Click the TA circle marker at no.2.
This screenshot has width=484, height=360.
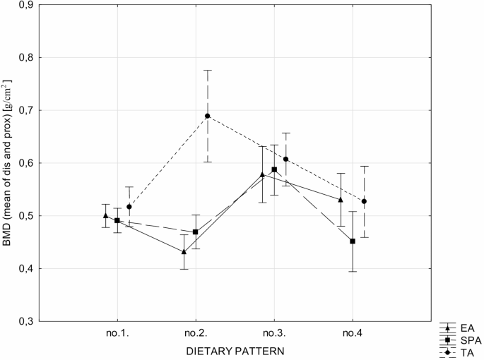point(208,116)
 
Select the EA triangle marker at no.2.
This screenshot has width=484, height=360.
point(184,251)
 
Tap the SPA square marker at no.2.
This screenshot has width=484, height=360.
point(196,232)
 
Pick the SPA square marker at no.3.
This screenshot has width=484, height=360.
point(274,170)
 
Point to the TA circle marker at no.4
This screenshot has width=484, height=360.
point(364,201)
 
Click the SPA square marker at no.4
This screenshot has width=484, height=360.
point(353,241)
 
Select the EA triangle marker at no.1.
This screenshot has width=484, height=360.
point(105,215)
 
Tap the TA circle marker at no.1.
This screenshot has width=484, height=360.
point(129,207)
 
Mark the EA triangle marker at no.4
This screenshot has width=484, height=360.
point(341,200)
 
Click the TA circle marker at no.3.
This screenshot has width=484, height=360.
point(286,160)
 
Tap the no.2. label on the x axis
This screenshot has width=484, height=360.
point(196,332)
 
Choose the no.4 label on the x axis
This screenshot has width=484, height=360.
point(353,332)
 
